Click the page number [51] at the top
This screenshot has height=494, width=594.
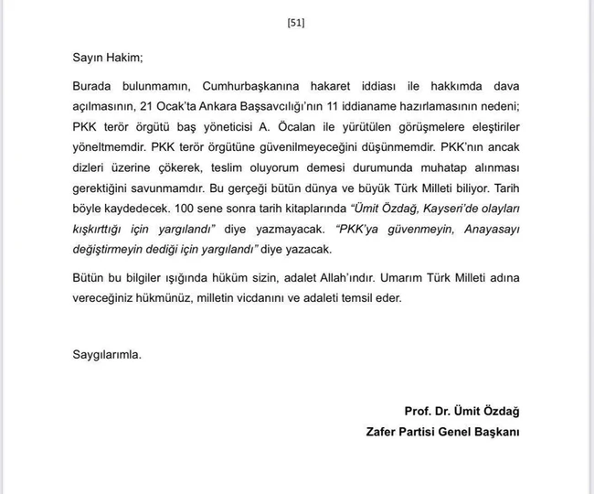point(296,24)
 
